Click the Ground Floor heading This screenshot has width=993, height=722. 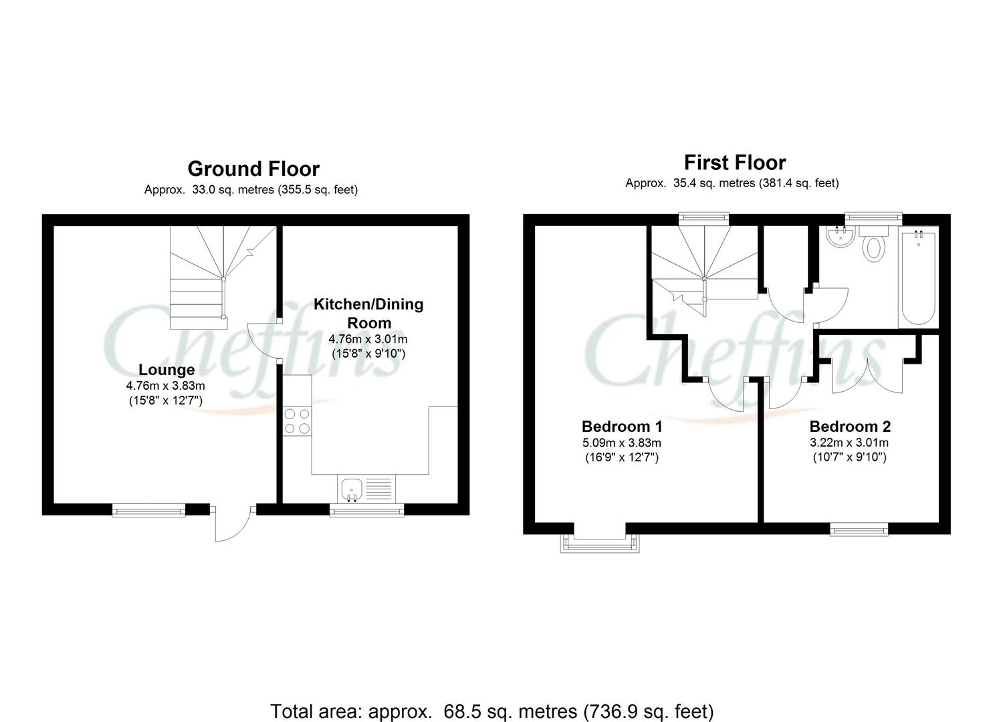point(253,168)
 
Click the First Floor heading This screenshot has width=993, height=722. point(735,162)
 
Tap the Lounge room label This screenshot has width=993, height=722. point(167,370)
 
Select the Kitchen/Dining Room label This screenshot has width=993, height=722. point(368,313)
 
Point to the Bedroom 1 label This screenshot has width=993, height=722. point(621,427)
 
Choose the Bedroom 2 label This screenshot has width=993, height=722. point(849,427)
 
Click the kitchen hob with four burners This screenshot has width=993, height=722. point(297,421)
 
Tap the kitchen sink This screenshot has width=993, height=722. point(351,489)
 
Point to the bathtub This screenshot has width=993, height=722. point(918,277)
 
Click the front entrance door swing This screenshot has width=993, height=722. point(232,524)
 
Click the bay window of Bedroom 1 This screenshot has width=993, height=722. point(599,543)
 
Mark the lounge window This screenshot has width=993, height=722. point(148,511)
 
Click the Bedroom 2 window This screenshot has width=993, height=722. point(859,529)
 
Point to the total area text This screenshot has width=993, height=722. point(491,711)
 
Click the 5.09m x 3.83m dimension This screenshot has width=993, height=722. point(621,443)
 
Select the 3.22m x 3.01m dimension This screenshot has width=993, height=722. point(849,443)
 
